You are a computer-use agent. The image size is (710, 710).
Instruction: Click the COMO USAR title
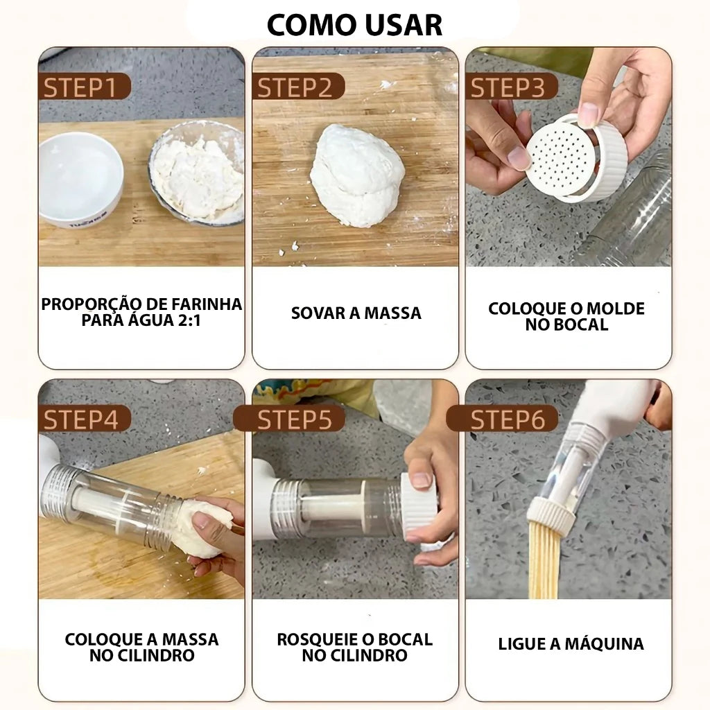pyautogui.click(x=354, y=24)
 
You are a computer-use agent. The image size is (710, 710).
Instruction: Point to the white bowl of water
pyautogui.click(x=80, y=177)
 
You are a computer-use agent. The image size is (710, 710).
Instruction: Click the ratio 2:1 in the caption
pyautogui.click(x=181, y=321)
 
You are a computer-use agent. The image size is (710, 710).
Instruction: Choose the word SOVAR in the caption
pyautogui.click(x=316, y=313)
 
